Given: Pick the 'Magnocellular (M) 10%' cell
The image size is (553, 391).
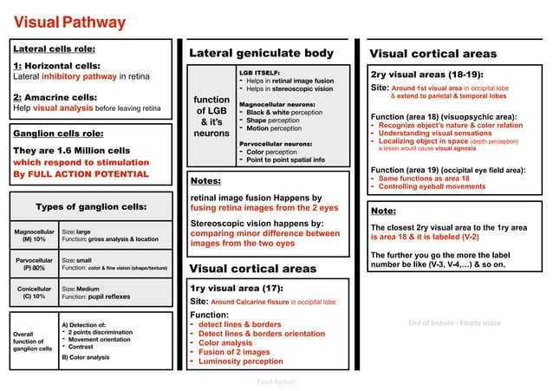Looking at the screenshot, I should coord(34,234).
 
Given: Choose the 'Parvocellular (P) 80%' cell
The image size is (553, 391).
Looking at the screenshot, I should coord(34,263).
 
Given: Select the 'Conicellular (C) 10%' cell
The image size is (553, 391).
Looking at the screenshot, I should coord(34,292).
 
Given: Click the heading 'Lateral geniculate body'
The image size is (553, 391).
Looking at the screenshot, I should coord(261,54).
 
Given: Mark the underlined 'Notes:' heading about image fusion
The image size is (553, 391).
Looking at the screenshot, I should coord(206,181).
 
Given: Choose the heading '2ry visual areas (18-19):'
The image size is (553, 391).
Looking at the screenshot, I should coord(426,75).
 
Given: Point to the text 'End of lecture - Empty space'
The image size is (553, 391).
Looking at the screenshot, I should coord(454,323).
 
